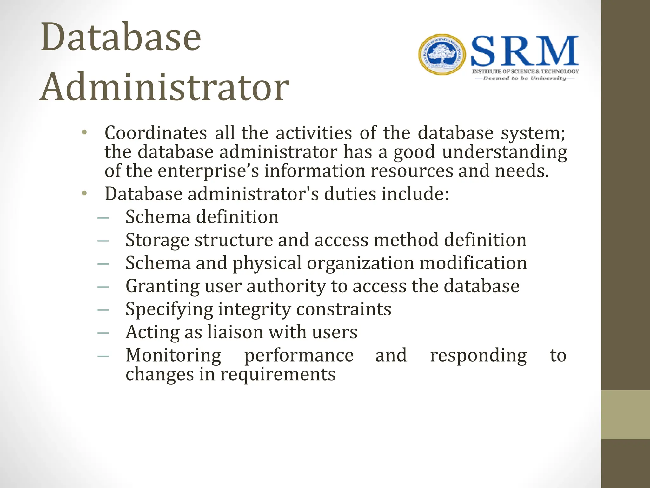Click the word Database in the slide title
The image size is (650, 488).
pos(121,37)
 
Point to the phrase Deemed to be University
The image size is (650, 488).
pos(524,78)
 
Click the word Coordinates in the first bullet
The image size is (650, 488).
pos(156,133)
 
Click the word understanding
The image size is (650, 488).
pos(504,152)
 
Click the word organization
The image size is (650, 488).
pos(360,263)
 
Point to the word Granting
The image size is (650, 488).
pos(162,286)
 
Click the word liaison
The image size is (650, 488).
pos(235,332)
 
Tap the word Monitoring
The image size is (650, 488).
pos(173,355)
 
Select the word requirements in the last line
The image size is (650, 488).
pos(278,374)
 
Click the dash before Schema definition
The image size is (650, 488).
pos(103,218)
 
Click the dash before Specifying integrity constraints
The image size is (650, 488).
pos(103,310)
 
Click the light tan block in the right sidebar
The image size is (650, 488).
pos(625,415)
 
